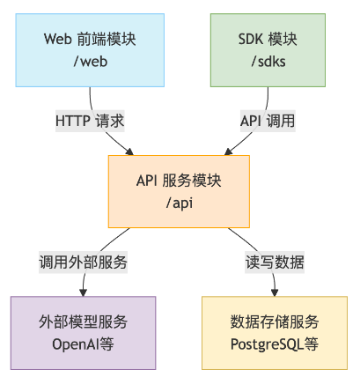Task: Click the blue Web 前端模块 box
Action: pyautogui.click(x=90, y=50)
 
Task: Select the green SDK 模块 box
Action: pyautogui.click(x=268, y=50)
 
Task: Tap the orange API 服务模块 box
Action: pyautogui.click(x=179, y=191)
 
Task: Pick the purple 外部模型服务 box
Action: pyautogui.click(x=84, y=333)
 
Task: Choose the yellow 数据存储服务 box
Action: pyautogui.click(x=275, y=333)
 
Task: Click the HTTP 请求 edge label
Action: pyautogui.click(x=90, y=121)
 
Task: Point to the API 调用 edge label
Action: pyautogui.click(x=268, y=121)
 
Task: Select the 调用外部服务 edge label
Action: pyautogui.click(x=83, y=262)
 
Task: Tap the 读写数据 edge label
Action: pyautogui.click(x=275, y=262)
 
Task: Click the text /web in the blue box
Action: pyautogui.click(x=91, y=62)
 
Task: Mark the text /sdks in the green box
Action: pyautogui.click(x=268, y=62)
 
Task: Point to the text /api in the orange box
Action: pyautogui.click(x=180, y=203)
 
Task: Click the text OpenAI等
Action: pyautogui.click(x=83, y=344)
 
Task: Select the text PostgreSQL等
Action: pyautogui.click(x=275, y=344)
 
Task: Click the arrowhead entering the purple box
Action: pyautogui.click(x=84, y=292)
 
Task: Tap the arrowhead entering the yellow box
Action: pyautogui.click(x=275, y=292)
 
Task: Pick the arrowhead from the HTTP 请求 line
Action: pyautogui.click(x=130, y=152)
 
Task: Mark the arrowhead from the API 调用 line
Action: pyautogui.click(x=228, y=152)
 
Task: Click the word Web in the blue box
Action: pyautogui.click(x=58, y=39)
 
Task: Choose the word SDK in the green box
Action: pyautogui.click(x=250, y=39)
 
